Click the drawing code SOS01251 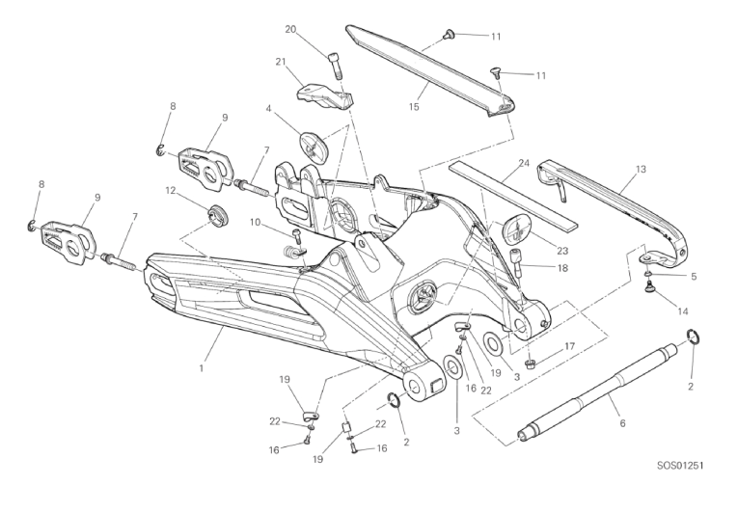coord(680,466)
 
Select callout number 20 coord(290,29)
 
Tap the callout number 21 coord(281,62)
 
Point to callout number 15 coord(414,107)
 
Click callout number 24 coord(524,163)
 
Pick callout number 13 coord(641,169)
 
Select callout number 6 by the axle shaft coord(622,423)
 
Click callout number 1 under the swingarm coord(202,368)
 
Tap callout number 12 coord(171,191)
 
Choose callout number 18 coord(562,268)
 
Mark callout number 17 coord(569,346)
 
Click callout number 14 coord(682,311)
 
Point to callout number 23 coord(562,251)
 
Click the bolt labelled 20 coord(334,65)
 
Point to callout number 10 coord(255,222)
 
